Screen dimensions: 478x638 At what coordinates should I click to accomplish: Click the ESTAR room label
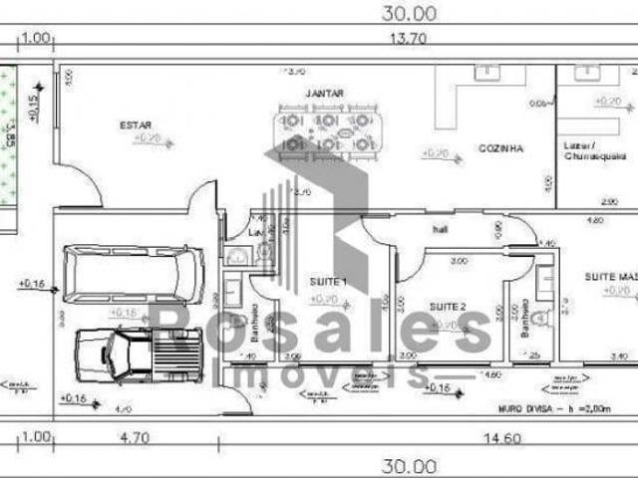coord(137,124)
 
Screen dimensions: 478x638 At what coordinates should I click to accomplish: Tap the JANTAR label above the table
coord(324,94)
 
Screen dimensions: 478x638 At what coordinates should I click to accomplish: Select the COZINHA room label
coord(500,147)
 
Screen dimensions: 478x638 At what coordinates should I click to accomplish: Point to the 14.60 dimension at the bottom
coord(478,436)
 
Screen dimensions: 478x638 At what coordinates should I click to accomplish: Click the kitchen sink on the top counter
coord(485,72)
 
